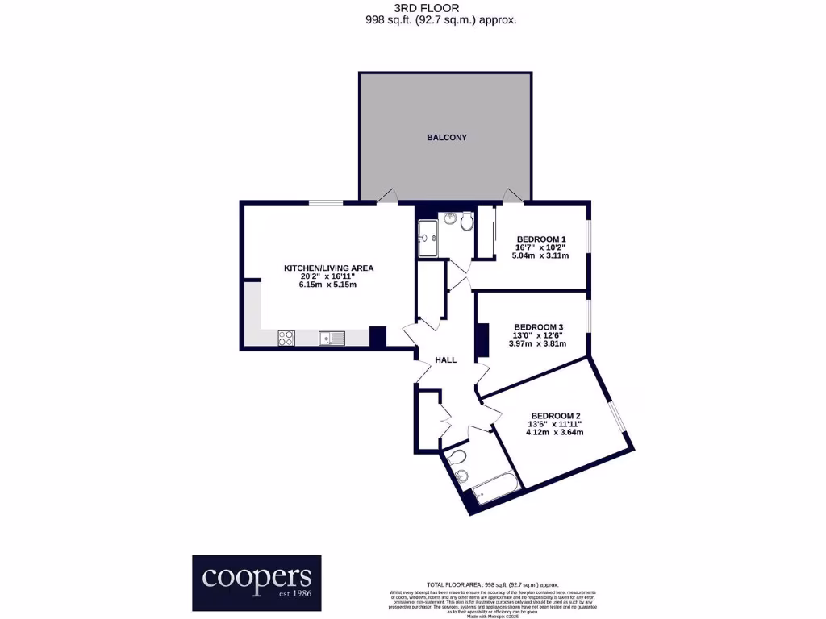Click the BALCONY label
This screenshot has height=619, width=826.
pos(446,138)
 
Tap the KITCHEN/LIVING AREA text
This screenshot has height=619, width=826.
pos(327,268)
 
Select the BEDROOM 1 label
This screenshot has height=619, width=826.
pos(541,239)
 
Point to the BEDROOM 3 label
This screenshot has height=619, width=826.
pos(539,326)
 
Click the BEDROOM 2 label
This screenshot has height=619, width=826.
pos(555,416)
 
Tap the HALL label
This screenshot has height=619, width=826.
pos(446,360)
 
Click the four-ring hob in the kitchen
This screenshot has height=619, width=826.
pos(286,339)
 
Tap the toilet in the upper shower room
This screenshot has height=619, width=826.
pos(468,220)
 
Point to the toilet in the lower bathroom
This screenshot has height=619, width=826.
pos(458,458)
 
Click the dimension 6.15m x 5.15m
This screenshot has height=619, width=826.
pos(327,285)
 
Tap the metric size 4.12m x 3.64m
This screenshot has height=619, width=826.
pos(554,433)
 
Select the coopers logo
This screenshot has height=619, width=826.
pos(256,582)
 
